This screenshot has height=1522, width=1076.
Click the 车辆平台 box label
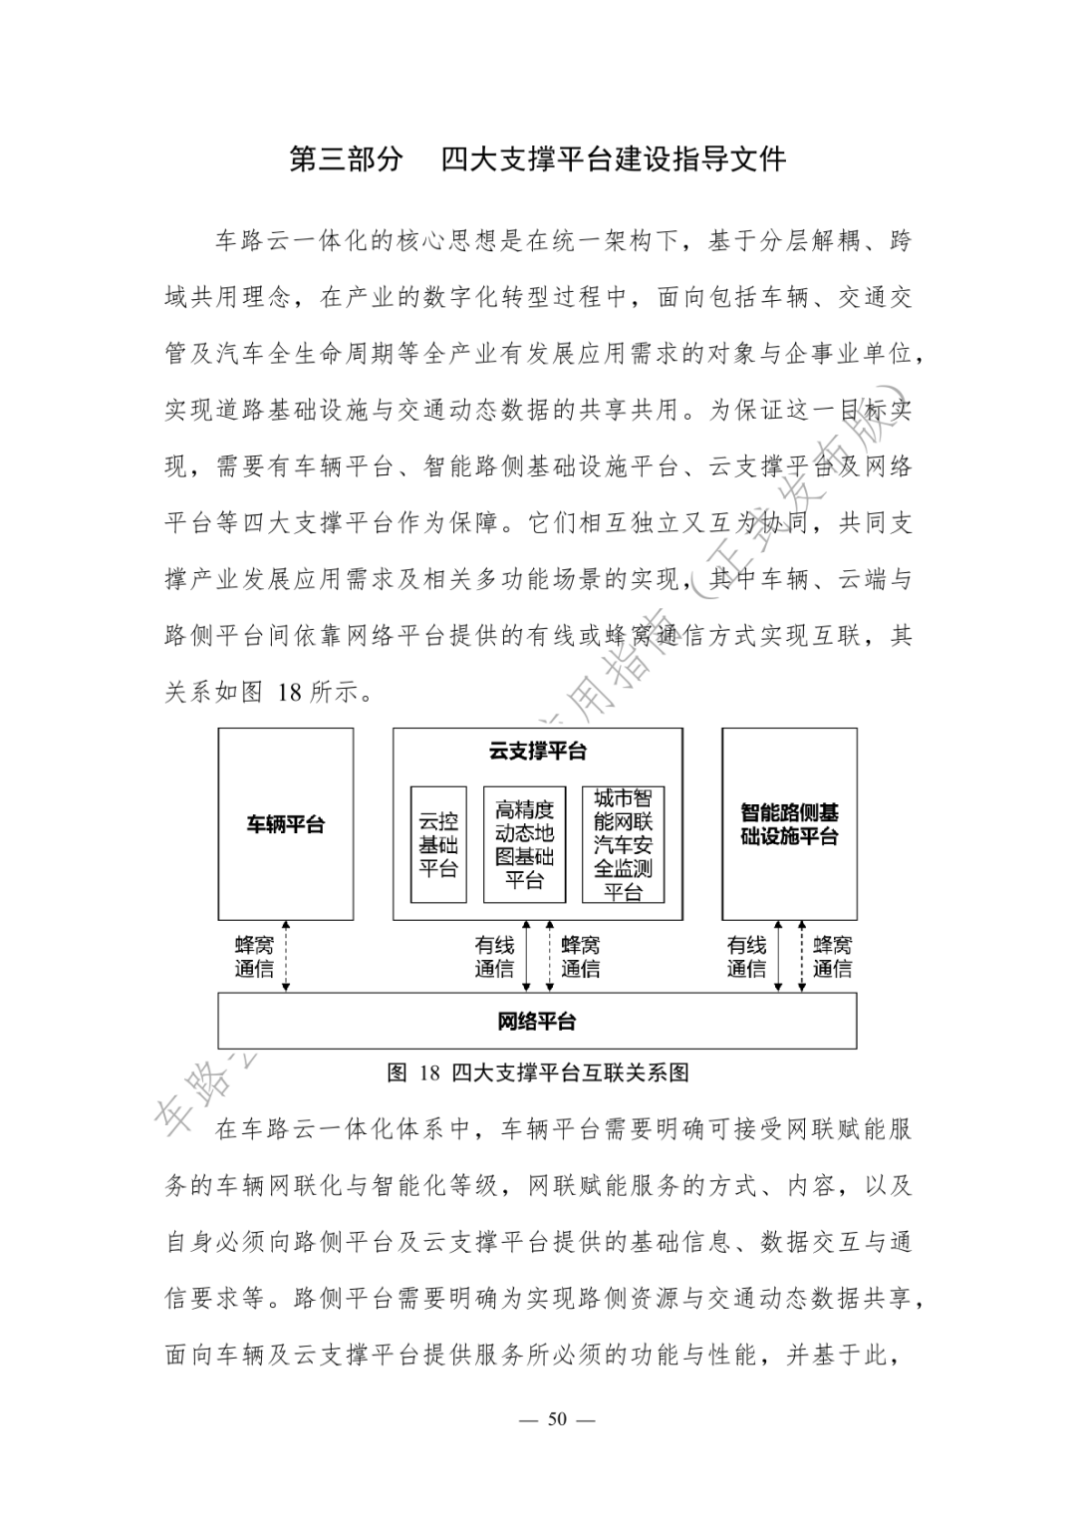click(x=286, y=825)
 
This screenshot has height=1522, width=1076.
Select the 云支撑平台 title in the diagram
click(x=537, y=752)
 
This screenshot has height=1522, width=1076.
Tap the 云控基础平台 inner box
click(x=438, y=844)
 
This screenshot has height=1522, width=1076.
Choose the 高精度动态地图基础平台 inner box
click(x=524, y=844)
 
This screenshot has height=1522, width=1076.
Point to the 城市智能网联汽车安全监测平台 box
click(x=623, y=844)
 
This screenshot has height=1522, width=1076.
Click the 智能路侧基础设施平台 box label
click(x=789, y=825)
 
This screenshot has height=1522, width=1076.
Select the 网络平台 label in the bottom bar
click(x=537, y=1022)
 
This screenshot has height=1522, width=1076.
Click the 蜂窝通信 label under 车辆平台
click(x=254, y=957)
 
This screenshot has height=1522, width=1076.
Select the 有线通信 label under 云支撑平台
click(x=494, y=957)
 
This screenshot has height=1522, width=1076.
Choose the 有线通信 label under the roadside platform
click(x=746, y=957)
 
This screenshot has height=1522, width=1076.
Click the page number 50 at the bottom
click(x=557, y=1419)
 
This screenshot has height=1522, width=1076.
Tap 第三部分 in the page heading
click(x=346, y=159)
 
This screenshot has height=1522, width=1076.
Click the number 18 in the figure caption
click(x=429, y=1073)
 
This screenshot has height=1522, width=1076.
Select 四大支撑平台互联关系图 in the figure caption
click(x=570, y=1073)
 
